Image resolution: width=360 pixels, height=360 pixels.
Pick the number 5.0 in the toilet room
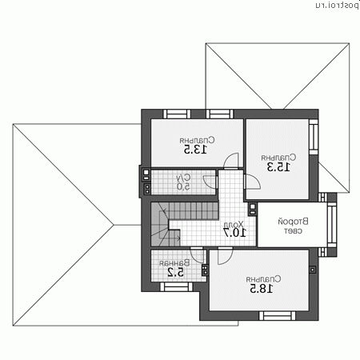(183, 186)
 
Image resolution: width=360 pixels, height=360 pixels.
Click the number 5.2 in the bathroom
(176, 272)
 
